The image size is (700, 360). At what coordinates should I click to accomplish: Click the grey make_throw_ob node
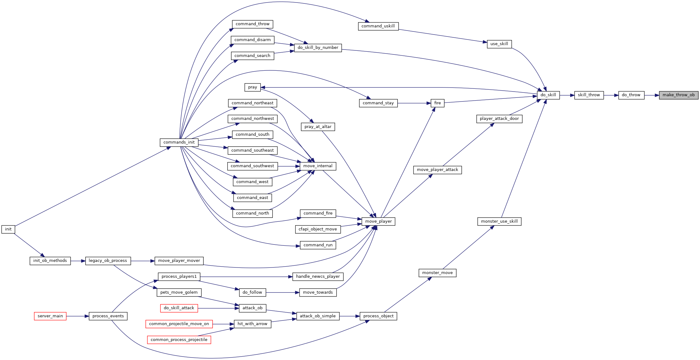[x=679, y=95]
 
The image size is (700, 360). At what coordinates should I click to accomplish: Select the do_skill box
[x=548, y=95]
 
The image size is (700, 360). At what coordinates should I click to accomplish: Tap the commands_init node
[x=179, y=142]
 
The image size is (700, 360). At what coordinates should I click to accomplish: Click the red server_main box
[x=50, y=316]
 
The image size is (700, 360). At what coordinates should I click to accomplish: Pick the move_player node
[x=378, y=221]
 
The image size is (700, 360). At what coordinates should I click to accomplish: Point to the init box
[x=8, y=229]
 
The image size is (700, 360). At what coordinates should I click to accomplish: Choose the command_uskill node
[x=378, y=26]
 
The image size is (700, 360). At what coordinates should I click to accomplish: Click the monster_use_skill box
[x=499, y=221]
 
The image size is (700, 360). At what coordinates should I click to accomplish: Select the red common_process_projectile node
[x=179, y=340]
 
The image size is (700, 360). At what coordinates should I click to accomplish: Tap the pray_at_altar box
[x=318, y=127]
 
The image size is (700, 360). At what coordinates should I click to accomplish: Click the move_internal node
[x=318, y=166]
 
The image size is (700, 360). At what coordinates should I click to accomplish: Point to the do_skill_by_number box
[x=318, y=48]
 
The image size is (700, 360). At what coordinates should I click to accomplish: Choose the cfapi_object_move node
[x=318, y=229]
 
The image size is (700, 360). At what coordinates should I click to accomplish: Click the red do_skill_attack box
[x=179, y=308]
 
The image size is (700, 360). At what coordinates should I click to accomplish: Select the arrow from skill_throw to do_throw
[x=611, y=95]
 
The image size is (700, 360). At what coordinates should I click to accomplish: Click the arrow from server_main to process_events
[x=78, y=316]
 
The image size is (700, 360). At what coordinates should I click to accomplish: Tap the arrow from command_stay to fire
[x=414, y=103]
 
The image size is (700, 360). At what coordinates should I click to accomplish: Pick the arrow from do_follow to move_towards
[x=283, y=293]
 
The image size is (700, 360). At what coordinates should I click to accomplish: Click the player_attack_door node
[x=499, y=119]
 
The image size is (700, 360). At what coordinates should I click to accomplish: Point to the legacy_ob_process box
[x=108, y=261]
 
